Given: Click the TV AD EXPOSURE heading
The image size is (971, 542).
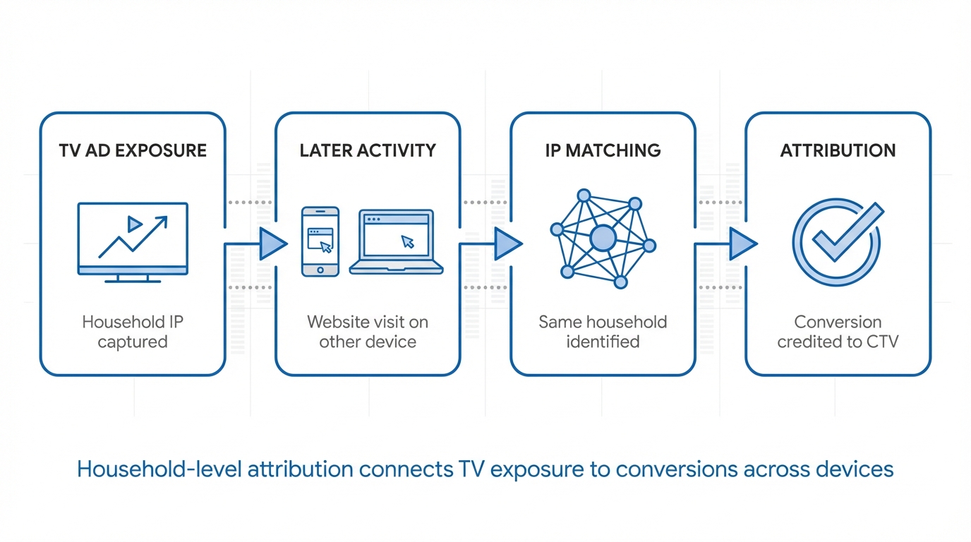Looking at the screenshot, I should click(x=133, y=150).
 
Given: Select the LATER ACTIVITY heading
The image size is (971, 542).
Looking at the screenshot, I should click(x=368, y=150).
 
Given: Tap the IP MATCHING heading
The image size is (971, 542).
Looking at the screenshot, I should click(x=603, y=150).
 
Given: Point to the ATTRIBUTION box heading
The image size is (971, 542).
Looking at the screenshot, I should click(x=838, y=150).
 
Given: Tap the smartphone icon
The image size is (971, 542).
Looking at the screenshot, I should click(x=320, y=241).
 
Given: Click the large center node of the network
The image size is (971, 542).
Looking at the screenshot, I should click(x=603, y=239).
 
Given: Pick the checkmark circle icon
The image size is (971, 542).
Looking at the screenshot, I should click(x=837, y=241).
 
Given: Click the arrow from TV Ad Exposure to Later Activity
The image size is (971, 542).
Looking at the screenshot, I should click(x=272, y=244).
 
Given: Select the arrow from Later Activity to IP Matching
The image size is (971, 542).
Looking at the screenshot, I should click(x=507, y=244).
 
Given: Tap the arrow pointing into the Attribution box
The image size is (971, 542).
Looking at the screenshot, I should click(x=742, y=244).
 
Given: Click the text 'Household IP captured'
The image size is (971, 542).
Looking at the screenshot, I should click(x=133, y=332).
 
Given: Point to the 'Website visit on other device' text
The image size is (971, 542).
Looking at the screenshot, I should click(x=368, y=332).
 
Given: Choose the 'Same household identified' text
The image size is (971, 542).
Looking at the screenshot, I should click(x=603, y=332).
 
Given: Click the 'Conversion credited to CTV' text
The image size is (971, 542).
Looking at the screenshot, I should click(x=838, y=332).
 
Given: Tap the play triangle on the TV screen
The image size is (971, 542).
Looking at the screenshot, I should click(x=134, y=224).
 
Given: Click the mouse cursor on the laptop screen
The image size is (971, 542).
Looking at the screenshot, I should click(x=407, y=241).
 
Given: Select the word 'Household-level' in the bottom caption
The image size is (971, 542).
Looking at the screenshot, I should click(x=159, y=469).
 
